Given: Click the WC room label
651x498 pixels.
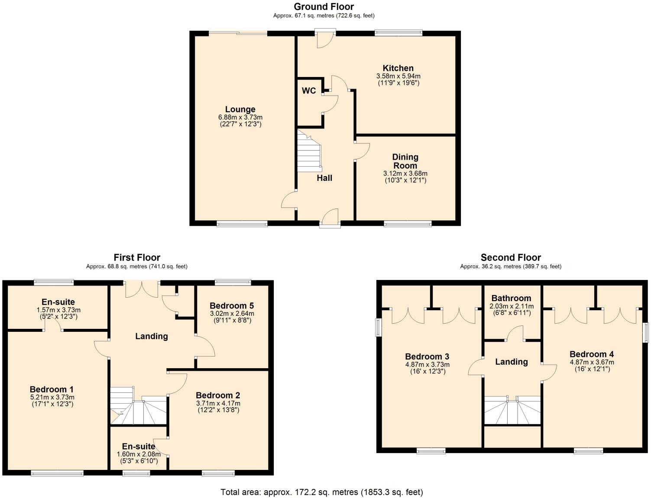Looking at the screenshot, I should point(309,91).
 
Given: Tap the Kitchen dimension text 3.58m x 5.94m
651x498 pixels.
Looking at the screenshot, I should point(398,76).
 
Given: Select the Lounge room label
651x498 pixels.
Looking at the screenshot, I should point(240,109).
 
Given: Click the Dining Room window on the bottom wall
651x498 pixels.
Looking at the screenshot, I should point(407,224).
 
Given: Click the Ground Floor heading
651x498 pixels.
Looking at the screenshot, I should point(324,6).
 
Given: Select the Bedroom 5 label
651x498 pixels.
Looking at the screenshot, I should point(232,306).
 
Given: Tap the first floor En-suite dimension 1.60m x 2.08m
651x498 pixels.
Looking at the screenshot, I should point(139,454).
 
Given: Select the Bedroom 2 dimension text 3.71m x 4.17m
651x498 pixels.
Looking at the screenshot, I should point(218,403).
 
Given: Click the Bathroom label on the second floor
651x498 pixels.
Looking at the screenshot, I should point(511,298).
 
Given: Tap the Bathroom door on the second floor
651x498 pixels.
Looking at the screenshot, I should point(515,334).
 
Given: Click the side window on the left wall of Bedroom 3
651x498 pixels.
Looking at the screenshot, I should point(379,328).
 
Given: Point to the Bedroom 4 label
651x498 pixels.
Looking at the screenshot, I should point(592,354).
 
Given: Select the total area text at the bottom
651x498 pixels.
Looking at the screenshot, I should point(321,492).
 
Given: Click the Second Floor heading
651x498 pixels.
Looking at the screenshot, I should point(511,258).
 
